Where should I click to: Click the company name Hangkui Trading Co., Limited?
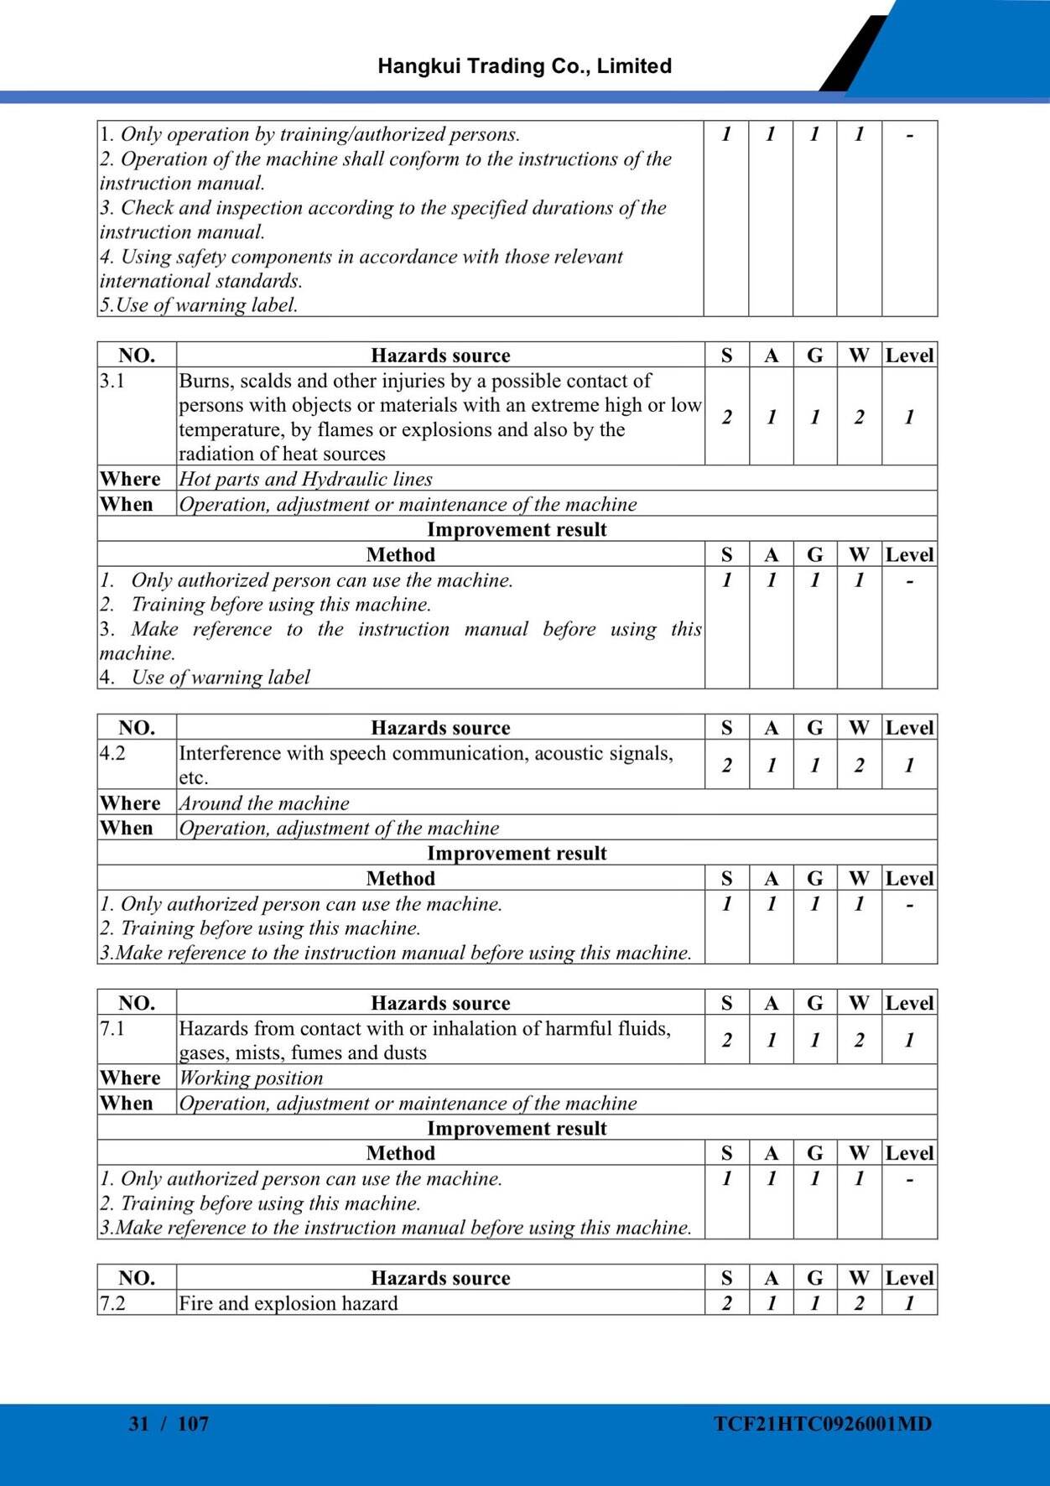pyautogui.click(x=524, y=66)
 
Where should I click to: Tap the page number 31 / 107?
pyautogui.click(x=169, y=1423)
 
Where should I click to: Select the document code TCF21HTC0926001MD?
pyautogui.click(x=823, y=1423)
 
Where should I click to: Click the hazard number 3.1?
pyautogui.click(x=112, y=381)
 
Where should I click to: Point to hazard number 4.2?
pyautogui.click(x=112, y=753)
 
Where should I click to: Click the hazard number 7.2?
pyautogui.click(x=112, y=1303)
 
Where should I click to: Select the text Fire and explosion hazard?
pyautogui.click(x=288, y=1303)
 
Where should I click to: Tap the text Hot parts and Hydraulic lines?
pyautogui.click(x=306, y=479)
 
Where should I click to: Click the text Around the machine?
pyautogui.click(x=264, y=803)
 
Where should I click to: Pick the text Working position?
pyautogui.click(x=252, y=1078)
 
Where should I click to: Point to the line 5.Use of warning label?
pyautogui.click(x=199, y=305)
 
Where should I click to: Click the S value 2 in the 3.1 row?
pyautogui.click(x=726, y=417)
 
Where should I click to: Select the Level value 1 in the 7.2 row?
pyautogui.click(x=909, y=1303)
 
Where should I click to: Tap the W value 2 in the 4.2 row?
pyautogui.click(x=859, y=765)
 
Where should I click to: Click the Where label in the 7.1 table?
pyautogui.click(x=130, y=1078)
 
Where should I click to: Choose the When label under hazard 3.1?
pyautogui.click(x=127, y=504)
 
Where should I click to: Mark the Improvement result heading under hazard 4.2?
pyautogui.click(x=517, y=853)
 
